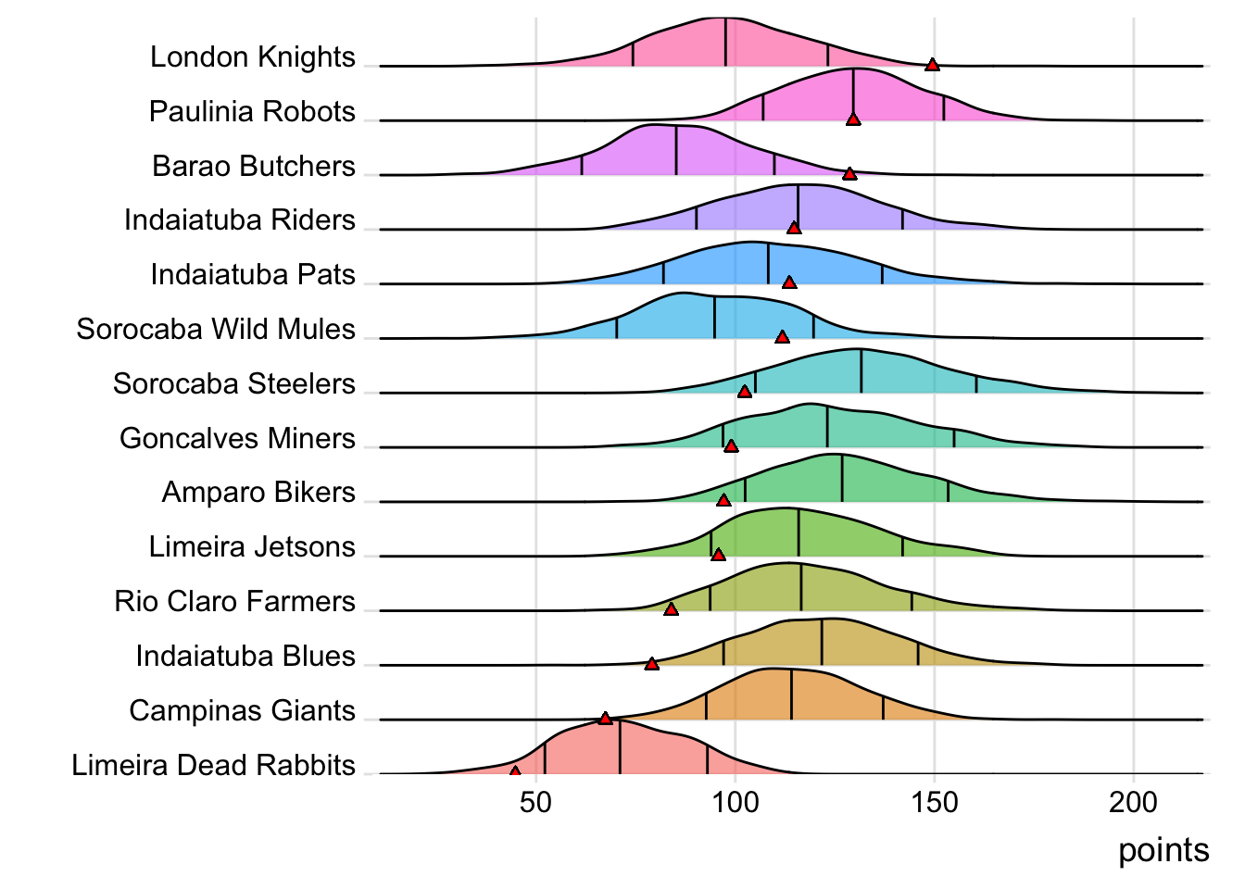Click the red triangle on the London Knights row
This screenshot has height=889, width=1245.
click(932, 65)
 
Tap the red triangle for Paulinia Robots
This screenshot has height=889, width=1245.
click(853, 119)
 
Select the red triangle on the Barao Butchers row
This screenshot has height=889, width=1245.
click(849, 174)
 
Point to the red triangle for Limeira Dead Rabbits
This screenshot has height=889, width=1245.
click(515, 770)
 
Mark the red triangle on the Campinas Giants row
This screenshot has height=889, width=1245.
click(605, 718)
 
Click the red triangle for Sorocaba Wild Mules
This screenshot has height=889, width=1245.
click(782, 337)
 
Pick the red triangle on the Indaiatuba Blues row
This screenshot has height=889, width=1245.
click(652, 664)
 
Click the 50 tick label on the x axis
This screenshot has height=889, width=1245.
click(535, 802)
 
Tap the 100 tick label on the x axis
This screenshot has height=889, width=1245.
click(735, 802)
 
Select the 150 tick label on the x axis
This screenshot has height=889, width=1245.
click(935, 802)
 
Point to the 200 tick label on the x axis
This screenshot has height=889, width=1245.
click(1133, 802)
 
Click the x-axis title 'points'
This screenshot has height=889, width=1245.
click(1163, 850)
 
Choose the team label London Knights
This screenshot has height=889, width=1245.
click(253, 57)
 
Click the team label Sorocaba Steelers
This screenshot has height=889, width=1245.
click(234, 384)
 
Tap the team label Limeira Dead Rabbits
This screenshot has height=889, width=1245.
click(214, 766)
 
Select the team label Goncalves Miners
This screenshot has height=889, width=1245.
click(237, 439)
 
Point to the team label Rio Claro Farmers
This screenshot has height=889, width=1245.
click(235, 602)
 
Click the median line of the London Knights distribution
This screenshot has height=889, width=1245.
click(726, 42)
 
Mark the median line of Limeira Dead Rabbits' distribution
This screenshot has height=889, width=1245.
click(620, 746)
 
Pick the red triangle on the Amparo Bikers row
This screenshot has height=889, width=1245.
click(723, 500)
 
